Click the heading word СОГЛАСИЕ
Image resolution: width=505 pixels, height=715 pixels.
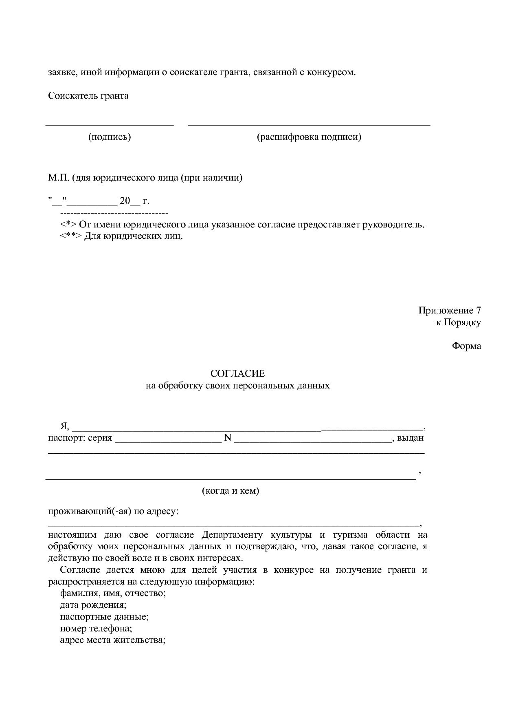tap(237, 373)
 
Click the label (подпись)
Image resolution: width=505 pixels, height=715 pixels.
tap(110, 137)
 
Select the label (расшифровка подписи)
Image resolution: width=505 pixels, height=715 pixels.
tap(309, 137)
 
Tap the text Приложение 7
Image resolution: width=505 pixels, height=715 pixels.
tap(449, 311)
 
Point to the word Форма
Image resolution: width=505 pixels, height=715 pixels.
tap(466, 346)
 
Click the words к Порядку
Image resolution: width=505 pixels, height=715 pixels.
tap(458, 322)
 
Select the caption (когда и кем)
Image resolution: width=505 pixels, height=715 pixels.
tap(231, 491)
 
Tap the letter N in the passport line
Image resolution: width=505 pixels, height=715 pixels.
tap(228, 438)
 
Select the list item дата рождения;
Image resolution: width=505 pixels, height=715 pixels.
tap(93, 605)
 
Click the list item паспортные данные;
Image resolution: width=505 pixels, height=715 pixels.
tap(104, 617)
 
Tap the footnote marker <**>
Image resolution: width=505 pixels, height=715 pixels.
tap(71, 236)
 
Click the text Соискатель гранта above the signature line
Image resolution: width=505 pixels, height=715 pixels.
tap(88, 96)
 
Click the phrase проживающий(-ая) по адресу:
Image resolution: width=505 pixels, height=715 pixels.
tap(113, 511)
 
